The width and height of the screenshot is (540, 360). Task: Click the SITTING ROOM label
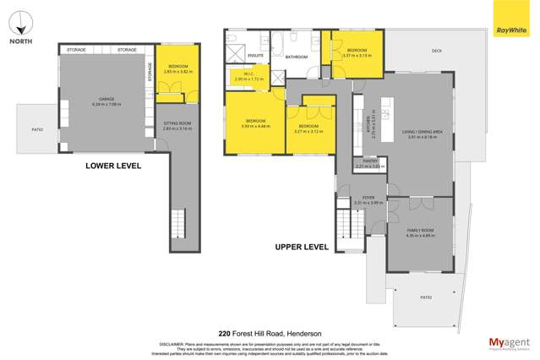[177, 125]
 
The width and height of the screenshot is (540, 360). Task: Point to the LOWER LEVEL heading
[111, 166]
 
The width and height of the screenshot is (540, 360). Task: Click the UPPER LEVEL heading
[302, 247]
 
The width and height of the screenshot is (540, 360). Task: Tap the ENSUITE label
[254, 56]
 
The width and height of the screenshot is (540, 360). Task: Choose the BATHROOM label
[297, 57]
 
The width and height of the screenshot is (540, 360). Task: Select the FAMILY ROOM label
[420, 231]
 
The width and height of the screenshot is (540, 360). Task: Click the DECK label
[437, 52]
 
